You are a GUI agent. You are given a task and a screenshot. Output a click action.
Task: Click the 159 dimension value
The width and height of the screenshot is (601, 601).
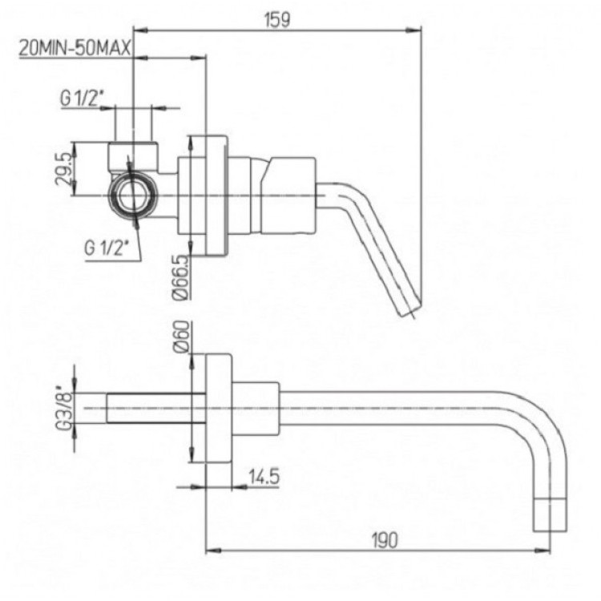point(277,19)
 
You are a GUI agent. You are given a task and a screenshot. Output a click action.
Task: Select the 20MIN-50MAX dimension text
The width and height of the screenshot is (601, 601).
point(75,49)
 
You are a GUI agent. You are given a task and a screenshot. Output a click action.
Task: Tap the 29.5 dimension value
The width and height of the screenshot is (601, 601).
point(63,168)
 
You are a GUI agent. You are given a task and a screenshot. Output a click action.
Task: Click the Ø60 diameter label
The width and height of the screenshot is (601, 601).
point(182,337)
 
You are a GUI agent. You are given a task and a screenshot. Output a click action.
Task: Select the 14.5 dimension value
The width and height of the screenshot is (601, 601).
point(264,477)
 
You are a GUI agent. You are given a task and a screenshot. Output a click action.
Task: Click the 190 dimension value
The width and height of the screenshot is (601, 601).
point(385,540)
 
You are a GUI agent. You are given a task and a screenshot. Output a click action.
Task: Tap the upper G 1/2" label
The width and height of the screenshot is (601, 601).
point(83,99)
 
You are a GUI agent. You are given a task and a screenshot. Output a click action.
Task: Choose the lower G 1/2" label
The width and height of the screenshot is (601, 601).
point(107,248)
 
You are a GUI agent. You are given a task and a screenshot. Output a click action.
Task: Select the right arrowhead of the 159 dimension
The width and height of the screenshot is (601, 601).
point(413,29)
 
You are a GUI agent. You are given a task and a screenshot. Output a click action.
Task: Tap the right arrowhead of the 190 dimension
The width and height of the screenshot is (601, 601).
point(543,551)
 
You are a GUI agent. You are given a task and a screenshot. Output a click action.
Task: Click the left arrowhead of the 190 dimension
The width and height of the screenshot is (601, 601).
point(214,551)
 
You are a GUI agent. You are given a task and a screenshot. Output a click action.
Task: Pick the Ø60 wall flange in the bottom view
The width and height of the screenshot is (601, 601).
point(219,409)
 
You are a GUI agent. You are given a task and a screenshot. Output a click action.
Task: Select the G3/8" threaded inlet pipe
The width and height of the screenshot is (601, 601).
point(156,408)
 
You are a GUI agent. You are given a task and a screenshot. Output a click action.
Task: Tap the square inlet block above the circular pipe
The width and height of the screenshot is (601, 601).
point(133,157)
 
